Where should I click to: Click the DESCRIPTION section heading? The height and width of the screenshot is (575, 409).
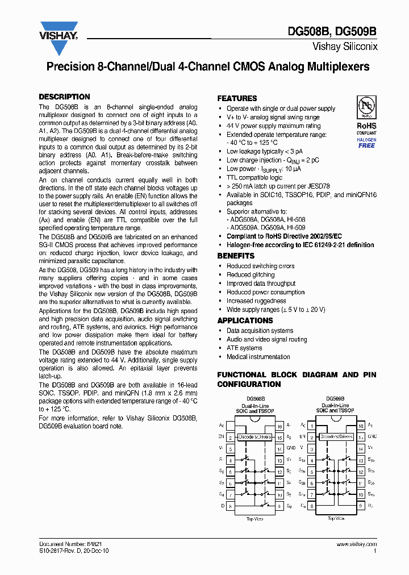click(64, 97)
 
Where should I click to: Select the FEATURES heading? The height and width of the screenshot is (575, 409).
click(237, 98)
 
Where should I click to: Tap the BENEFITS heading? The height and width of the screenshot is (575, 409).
click(236, 256)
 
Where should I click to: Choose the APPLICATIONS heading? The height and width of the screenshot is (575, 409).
click(245, 320)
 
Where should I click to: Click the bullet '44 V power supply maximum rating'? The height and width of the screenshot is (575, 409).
click(273, 126)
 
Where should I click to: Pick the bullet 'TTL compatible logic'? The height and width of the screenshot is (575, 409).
click(254, 177)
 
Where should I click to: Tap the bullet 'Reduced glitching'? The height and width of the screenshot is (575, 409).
click(251, 275)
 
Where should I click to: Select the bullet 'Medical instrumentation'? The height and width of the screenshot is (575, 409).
click(258, 357)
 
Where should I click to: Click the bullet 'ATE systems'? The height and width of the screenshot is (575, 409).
click(244, 348)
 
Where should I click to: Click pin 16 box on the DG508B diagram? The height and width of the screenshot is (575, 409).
click(279, 426)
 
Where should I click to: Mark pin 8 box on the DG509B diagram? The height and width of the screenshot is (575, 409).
click(312, 505)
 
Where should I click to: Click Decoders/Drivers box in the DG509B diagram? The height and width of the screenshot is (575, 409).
click(335, 437)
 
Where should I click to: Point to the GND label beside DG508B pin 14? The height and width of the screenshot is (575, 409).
click(290, 448)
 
